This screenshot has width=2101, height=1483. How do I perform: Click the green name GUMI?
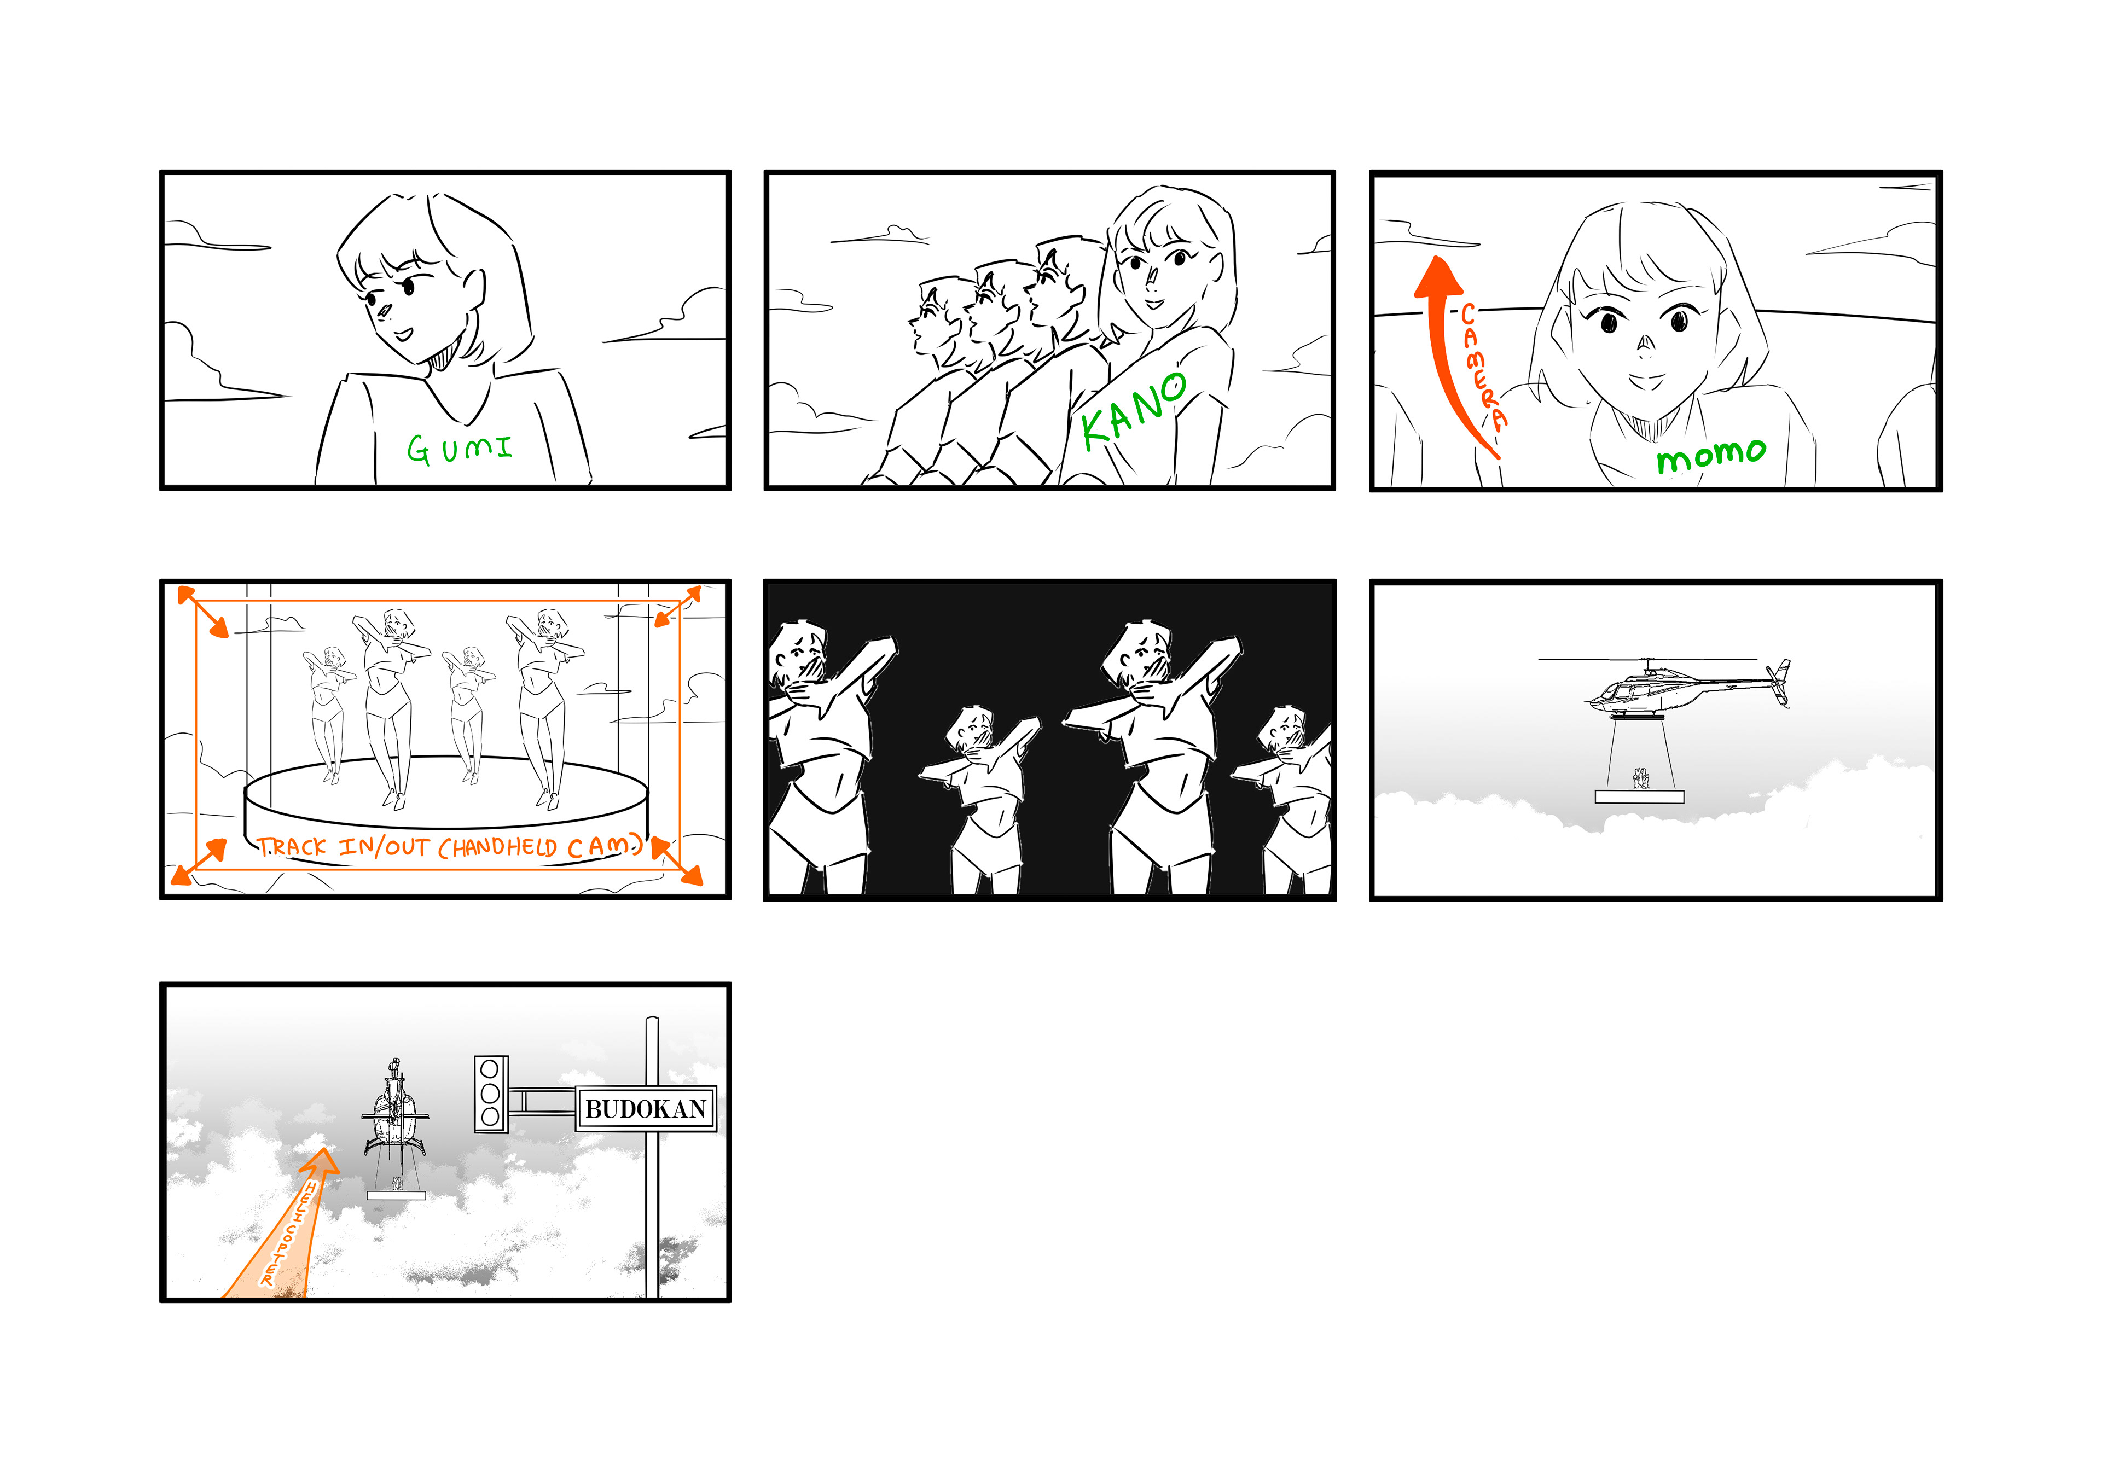(460, 448)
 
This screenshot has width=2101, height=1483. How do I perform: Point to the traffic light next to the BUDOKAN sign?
(490, 1094)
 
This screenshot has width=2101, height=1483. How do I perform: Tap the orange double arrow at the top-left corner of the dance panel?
(202, 611)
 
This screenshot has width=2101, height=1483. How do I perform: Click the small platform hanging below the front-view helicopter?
(396, 1195)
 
